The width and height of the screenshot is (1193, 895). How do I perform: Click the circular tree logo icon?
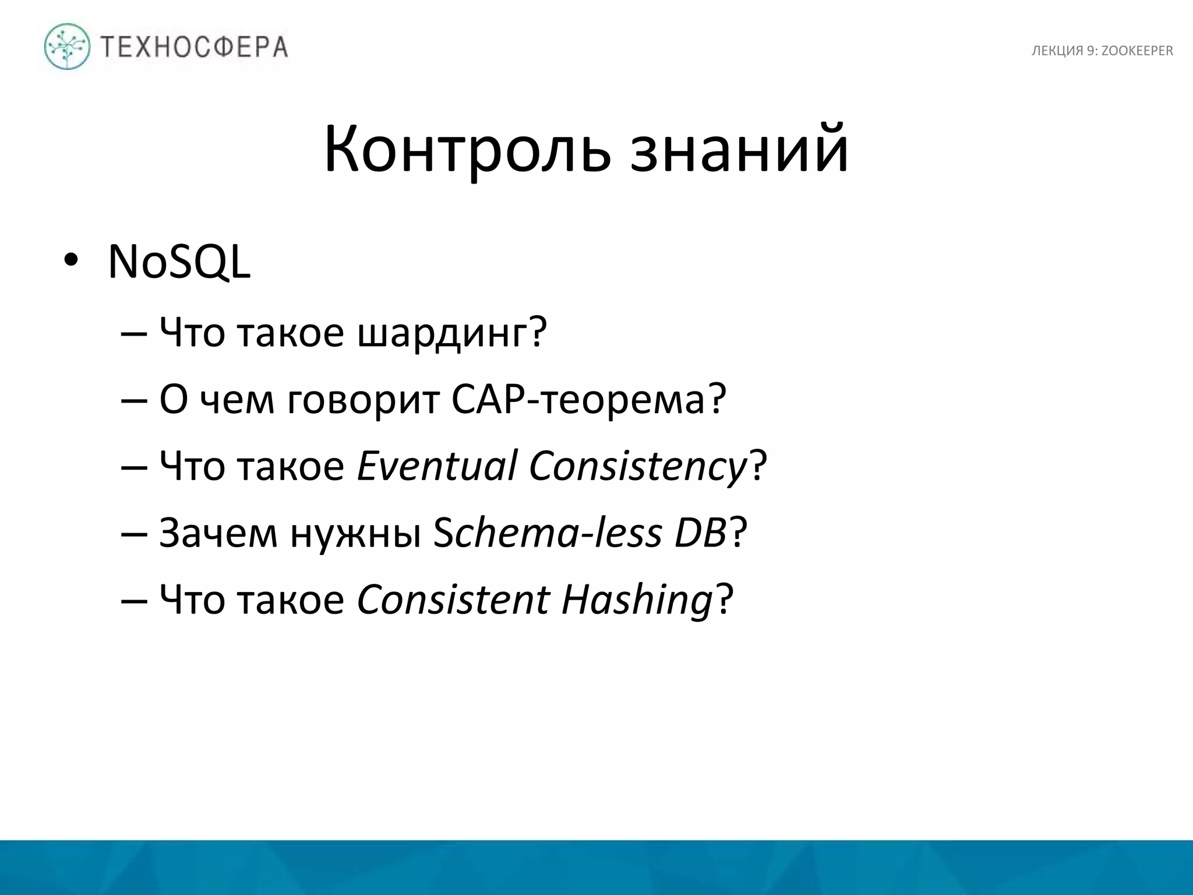[x=68, y=47]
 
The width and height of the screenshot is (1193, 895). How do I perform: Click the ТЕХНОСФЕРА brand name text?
[x=195, y=47]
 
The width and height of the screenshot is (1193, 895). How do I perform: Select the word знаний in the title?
[x=739, y=149]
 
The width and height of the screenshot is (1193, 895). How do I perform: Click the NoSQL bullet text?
[x=179, y=262]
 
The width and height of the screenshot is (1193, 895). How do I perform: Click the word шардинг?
[x=443, y=333]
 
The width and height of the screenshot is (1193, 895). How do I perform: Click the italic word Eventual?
[x=437, y=466]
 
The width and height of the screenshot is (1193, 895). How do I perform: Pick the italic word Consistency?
[x=638, y=467]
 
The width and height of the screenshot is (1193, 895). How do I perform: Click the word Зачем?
[x=218, y=533]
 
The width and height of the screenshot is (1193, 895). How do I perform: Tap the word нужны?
[x=355, y=534]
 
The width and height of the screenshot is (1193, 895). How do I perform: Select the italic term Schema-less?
[x=548, y=533]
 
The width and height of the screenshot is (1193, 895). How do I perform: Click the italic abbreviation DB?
[x=700, y=533]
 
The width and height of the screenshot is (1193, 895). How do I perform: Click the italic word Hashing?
[x=637, y=601]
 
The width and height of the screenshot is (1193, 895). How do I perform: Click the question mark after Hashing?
[x=724, y=600]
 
